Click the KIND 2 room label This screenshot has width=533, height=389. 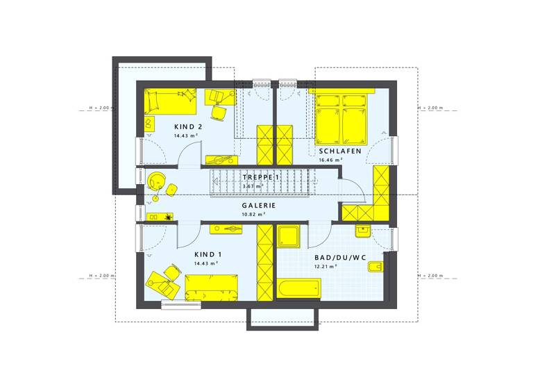pyautogui.click(x=188, y=126)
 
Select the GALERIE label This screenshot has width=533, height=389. pyautogui.click(x=258, y=206)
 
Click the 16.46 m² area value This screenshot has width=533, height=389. pyautogui.click(x=331, y=160)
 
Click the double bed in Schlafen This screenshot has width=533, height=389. pyautogui.click(x=341, y=119)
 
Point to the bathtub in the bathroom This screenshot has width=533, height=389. pyautogui.click(x=298, y=288)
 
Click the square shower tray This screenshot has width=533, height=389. pyautogui.click(x=289, y=235)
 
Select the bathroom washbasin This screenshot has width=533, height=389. pyautogui.click(x=362, y=231)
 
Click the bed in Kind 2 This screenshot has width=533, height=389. pyautogui.click(x=169, y=101)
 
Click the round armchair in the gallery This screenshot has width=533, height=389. pyautogui.click(x=156, y=179)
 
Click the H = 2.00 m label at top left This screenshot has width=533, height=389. pyautogui.click(x=101, y=109)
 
